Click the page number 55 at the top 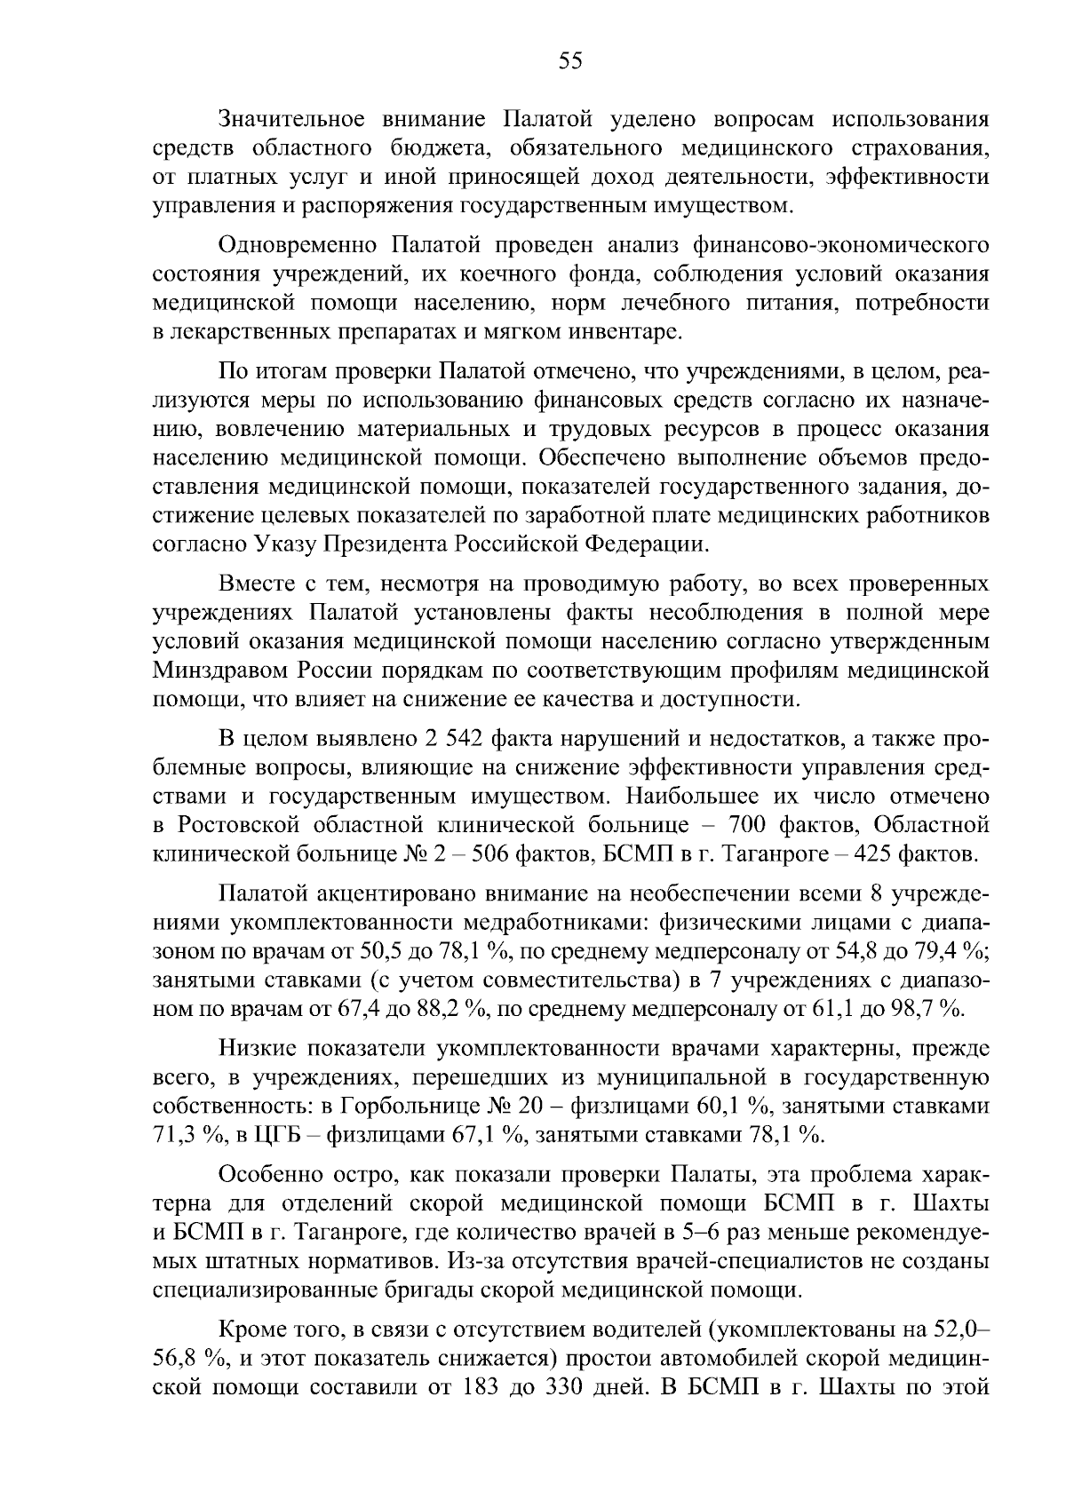click(x=569, y=60)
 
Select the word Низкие click(x=251, y=1049)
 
